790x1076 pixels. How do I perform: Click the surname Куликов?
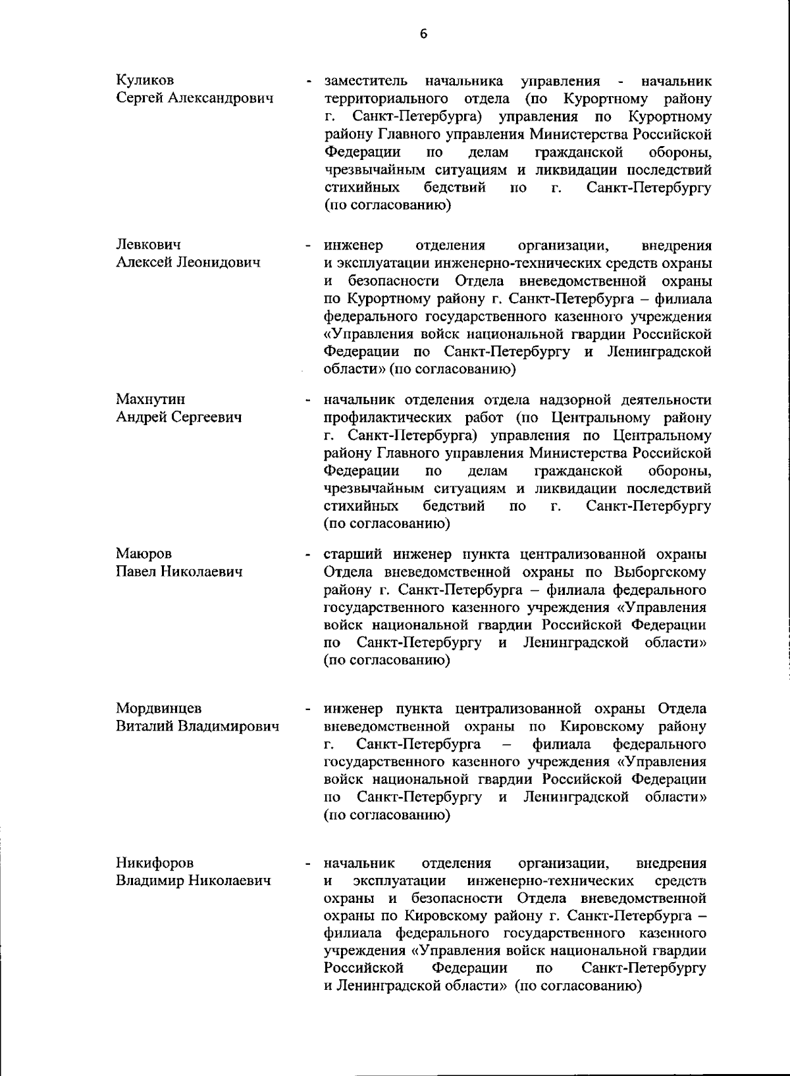[145, 80]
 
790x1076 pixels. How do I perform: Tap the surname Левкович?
[149, 245]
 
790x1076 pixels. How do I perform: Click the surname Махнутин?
[151, 399]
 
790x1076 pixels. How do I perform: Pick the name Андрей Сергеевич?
[178, 417]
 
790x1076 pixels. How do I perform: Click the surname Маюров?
[144, 553]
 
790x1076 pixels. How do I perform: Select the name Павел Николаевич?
[179, 571]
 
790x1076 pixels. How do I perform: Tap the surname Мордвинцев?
[159, 708]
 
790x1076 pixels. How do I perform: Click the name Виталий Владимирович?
[197, 727]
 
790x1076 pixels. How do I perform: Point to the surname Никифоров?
[156, 863]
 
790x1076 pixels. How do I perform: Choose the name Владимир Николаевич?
[194, 881]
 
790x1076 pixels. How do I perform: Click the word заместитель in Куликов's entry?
[365, 81]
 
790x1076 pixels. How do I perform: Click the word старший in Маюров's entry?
[349, 553]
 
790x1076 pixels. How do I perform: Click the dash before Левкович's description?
[307, 246]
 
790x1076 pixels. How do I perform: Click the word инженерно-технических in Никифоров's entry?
[550, 881]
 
